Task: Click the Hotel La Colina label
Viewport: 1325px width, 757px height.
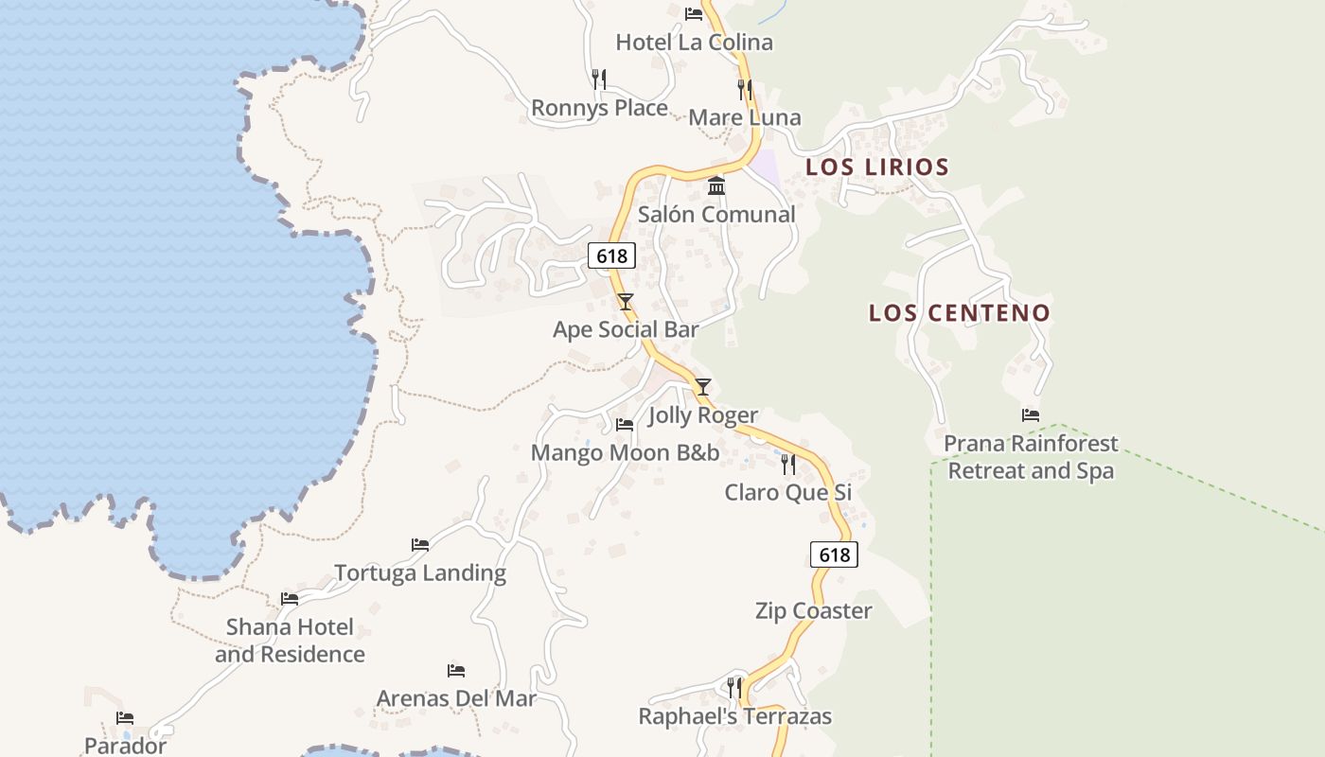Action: (x=694, y=43)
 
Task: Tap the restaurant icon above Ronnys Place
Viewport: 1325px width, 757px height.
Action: (x=599, y=79)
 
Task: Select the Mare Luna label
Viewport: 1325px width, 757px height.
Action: (x=745, y=118)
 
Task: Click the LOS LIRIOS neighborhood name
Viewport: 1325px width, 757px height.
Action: (x=876, y=167)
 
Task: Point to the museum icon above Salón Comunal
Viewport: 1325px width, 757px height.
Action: (x=716, y=185)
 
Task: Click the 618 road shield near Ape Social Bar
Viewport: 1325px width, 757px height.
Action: (x=611, y=255)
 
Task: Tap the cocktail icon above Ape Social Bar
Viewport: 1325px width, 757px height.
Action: (x=625, y=302)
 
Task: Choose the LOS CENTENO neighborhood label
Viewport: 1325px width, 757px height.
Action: (x=960, y=313)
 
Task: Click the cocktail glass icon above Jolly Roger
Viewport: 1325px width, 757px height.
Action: (x=702, y=387)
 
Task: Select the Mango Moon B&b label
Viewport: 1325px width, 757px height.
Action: (x=625, y=453)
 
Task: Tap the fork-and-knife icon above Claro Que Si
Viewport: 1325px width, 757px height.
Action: (x=787, y=464)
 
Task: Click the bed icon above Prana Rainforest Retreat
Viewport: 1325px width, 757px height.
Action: (x=1031, y=415)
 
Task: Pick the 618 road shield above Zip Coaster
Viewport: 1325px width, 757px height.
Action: (x=834, y=555)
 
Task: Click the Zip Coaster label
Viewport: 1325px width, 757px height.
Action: (x=813, y=611)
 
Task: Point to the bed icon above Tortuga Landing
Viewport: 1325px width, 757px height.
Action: (x=420, y=545)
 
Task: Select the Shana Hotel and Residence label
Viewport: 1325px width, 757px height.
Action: (x=290, y=641)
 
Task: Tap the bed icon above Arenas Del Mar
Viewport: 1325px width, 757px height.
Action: (x=456, y=671)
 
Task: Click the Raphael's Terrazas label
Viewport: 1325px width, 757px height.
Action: (x=734, y=717)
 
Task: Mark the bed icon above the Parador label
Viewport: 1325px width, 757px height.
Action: (x=125, y=718)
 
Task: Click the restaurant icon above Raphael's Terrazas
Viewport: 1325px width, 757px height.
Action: (x=734, y=687)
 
